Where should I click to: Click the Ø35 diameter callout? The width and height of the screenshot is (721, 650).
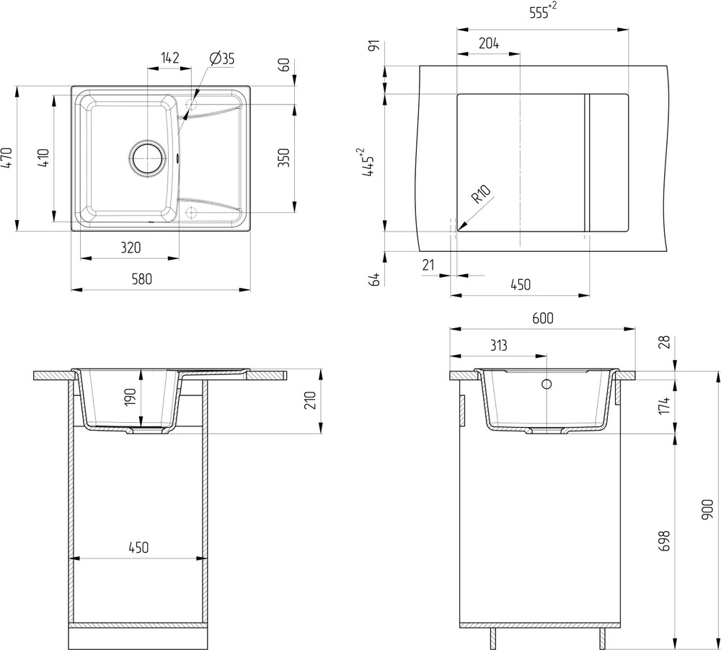(x=221, y=58)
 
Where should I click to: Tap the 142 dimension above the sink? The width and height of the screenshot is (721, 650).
(x=169, y=58)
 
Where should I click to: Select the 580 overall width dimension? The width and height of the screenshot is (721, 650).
(x=141, y=278)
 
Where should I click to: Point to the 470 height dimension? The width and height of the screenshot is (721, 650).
(x=7, y=157)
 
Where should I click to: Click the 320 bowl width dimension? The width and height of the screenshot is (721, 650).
(x=131, y=247)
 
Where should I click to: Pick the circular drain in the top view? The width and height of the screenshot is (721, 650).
(x=147, y=158)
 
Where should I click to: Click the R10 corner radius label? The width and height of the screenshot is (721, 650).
(x=481, y=194)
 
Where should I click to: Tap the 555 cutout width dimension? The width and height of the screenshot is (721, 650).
(x=543, y=11)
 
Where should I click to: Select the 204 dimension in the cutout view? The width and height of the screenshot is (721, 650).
(x=489, y=43)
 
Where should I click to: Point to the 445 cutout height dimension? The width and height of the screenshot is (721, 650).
(x=368, y=162)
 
